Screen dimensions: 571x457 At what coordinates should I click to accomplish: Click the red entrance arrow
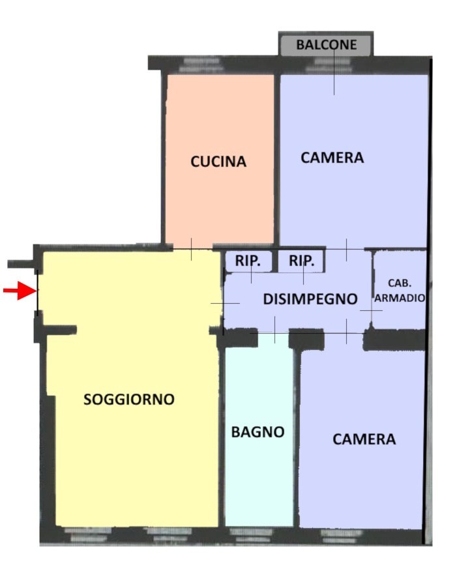point(18,291)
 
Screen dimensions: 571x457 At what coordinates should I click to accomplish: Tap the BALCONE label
point(327,45)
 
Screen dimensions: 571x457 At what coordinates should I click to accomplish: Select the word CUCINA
point(218,162)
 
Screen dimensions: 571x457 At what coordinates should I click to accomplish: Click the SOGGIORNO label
point(129,400)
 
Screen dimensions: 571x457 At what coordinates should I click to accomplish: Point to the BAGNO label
point(258,432)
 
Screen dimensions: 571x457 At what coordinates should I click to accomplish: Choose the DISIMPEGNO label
point(310,299)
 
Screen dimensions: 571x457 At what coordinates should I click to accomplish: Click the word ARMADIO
point(400,297)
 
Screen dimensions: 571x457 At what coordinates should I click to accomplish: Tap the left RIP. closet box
point(248,261)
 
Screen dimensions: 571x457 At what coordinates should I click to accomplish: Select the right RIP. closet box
point(301,261)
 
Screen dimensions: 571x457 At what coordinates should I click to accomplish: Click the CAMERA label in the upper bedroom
point(332,158)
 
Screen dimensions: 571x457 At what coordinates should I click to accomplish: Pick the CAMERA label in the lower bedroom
point(364,439)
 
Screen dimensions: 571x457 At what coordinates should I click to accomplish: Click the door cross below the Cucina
point(191,249)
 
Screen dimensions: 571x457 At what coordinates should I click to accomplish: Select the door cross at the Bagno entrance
point(274,329)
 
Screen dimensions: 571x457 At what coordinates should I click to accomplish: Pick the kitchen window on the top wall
point(201,64)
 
